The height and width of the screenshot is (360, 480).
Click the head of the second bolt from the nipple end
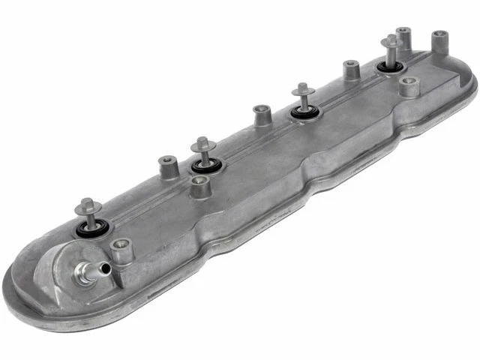pyautogui.click(x=202, y=142)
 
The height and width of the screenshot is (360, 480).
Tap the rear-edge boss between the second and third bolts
pyautogui.click(x=262, y=115)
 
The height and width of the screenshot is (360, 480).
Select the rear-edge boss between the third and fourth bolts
pyautogui.click(x=351, y=70)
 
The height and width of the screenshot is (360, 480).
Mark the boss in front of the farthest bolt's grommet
pyautogui.click(x=408, y=86)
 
